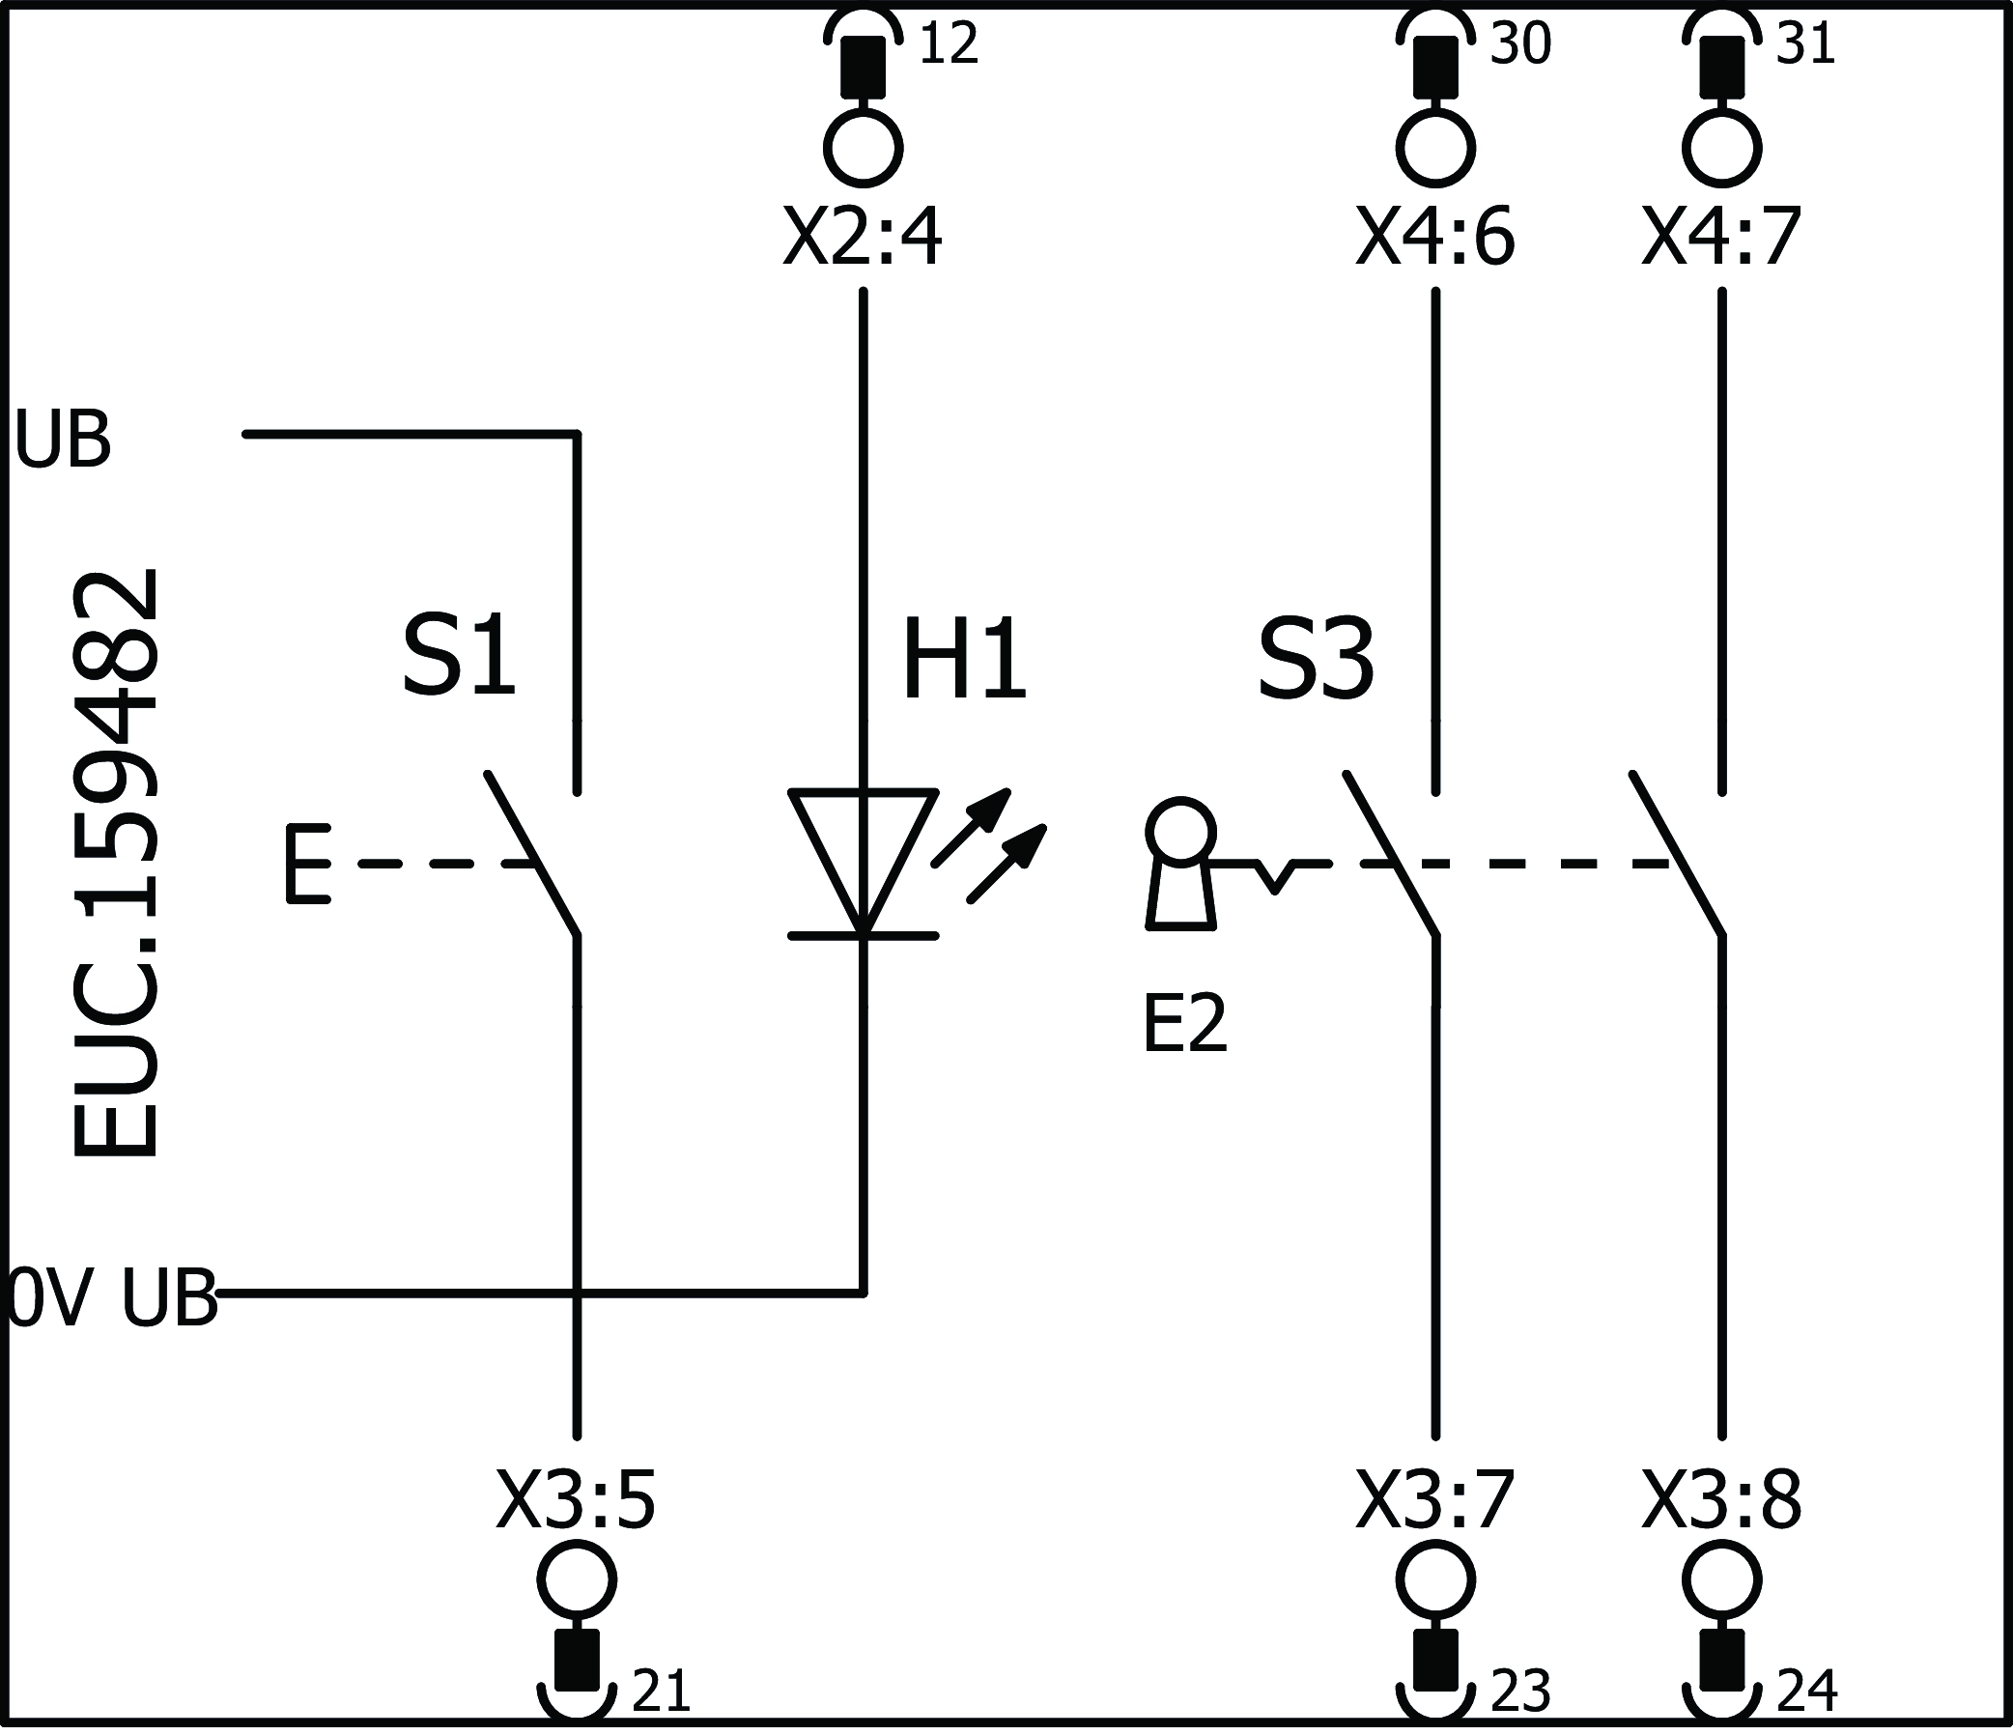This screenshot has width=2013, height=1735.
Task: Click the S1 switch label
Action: (459, 656)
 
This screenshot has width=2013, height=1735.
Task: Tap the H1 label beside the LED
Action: (964, 661)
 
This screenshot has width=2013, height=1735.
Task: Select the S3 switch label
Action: (1316, 661)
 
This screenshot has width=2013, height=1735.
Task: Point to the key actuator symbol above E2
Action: (1180, 864)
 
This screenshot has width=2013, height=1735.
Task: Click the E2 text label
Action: (1184, 1024)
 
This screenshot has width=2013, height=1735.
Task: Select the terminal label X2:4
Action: (862, 238)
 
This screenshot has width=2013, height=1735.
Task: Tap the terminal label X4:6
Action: (1435, 238)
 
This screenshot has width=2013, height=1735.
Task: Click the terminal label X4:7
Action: (1721, 238)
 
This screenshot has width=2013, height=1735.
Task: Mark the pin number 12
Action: (949, 44)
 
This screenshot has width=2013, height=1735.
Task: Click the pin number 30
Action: (1520, 44)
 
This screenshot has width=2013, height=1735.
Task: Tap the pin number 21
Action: (662, 1692)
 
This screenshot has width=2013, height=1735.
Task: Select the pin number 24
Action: (1807, 1692)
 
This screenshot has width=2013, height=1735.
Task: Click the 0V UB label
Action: (112, 1297)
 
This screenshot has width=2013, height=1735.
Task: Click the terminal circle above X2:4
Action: (863, 149)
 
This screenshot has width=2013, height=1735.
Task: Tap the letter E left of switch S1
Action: (308, 864)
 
